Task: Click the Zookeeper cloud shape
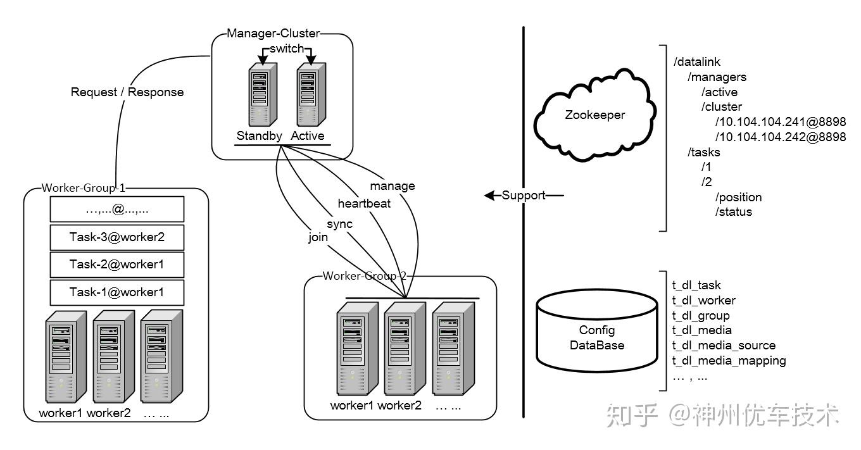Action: point(594,115)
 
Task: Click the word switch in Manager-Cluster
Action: point(287,49)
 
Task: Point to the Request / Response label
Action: point(127,92)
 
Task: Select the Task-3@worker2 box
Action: point(117,237)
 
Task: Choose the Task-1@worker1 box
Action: point(117,292)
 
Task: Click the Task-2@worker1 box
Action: point(117,265)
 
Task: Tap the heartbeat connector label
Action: point(364,203)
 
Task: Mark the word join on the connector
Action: point(318,237)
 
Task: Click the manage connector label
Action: point(393,185)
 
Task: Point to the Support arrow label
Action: point(523,195)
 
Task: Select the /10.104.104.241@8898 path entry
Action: point(781,122)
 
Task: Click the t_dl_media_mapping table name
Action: point(729,361)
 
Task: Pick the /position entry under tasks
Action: point(738,197)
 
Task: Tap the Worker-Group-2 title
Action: point(365,276)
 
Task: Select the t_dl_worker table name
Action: point(704,301)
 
